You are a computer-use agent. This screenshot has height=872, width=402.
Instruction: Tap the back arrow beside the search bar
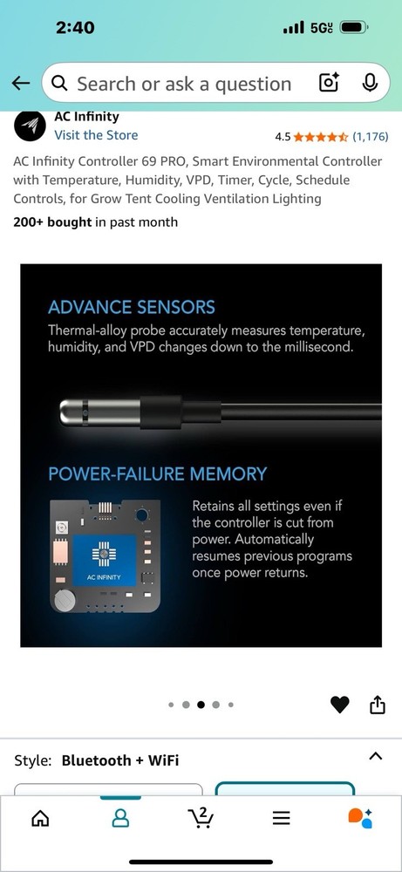21,84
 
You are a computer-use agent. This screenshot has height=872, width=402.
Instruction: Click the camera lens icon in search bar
329,83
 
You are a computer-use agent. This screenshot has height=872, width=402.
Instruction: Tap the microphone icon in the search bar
370,83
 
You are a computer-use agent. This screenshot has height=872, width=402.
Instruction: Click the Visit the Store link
96,134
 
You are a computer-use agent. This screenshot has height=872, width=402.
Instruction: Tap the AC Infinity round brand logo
30,126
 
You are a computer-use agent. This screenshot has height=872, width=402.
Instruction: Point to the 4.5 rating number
283,137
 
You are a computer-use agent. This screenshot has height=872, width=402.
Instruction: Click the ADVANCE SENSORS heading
131,307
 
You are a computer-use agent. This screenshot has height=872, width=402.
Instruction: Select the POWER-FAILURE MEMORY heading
157,473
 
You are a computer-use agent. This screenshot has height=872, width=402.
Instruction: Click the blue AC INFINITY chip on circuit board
105,560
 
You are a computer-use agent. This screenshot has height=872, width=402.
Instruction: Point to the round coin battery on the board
65,601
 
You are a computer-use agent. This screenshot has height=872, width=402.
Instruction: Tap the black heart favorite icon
340,705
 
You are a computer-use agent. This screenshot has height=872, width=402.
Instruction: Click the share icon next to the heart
377,704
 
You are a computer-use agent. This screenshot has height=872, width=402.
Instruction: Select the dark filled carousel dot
201,705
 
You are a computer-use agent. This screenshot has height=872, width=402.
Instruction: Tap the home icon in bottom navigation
39,818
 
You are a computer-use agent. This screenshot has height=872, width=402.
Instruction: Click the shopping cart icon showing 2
201,818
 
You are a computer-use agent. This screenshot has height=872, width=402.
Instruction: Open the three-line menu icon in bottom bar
282,818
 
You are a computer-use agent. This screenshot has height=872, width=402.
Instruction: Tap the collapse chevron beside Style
376,756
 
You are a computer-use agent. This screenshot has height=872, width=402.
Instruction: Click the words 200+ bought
52,221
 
